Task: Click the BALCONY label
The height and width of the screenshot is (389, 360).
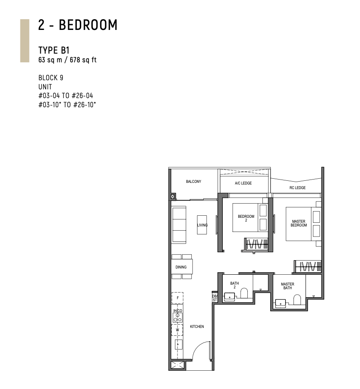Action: click(194, 182)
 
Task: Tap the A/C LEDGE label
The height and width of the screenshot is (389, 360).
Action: click(243, 183)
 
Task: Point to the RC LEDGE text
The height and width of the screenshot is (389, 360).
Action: click(298, 188)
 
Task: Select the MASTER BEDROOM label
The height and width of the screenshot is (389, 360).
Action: click(299, 223)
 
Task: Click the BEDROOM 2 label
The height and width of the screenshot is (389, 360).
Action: click(246, 218)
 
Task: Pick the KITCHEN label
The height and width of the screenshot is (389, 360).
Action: click(197, 327)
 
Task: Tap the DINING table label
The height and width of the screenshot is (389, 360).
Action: click(181, 267)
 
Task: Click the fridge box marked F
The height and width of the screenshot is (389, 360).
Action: click(178, 298)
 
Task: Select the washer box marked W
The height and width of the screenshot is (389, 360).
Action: click(177, 330)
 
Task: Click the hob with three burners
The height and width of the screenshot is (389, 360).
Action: click(178, 318)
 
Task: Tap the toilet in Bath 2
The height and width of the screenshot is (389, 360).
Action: click(244, 293)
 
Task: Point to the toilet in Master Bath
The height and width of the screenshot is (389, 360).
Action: click(297, 300)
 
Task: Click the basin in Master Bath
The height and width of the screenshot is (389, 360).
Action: click(280, 303)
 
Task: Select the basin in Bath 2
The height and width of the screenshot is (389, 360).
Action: click(229, 297)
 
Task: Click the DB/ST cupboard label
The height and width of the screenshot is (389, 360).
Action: click(215, 298)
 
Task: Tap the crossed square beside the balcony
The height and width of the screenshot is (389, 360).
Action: click(173, 197)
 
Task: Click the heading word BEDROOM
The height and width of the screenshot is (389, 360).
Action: click(88, 25)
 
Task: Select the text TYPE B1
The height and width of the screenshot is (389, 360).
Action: click(54, 50)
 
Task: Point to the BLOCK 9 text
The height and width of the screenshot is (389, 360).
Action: click(51, 78)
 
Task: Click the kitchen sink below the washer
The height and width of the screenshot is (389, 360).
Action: click(178, 345)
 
